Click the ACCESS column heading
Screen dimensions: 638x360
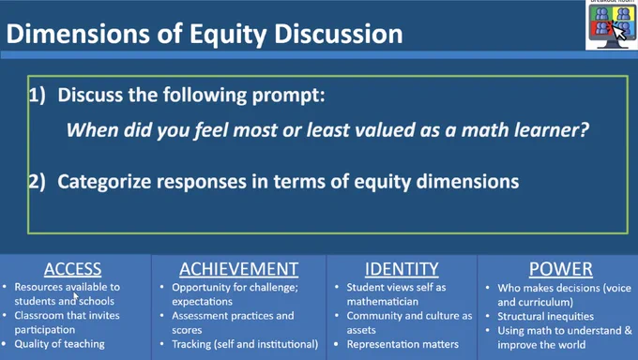point(73,269)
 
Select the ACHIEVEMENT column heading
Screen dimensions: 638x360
point(239,269)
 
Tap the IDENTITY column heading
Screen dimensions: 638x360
point(402,269)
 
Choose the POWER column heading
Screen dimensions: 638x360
point(561,269)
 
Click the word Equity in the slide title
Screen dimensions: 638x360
point(228,34)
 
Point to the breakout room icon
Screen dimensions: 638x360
point(612,25)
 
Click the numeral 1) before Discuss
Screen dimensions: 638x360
point(37,96)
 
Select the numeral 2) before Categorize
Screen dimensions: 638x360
point(37,182)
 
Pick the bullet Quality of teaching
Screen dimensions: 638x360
point(59,344)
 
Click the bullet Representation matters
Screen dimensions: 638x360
point(403,344)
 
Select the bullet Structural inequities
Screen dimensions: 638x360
point(546,316)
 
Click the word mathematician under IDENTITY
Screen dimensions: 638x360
point(383,302)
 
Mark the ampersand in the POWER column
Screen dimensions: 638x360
point(629,330)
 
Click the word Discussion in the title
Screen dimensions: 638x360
point(339,34)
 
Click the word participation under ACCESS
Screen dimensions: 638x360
point(45,330)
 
